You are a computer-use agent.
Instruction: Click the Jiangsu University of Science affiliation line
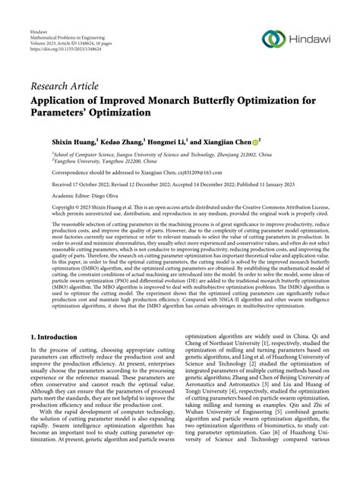152,153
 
